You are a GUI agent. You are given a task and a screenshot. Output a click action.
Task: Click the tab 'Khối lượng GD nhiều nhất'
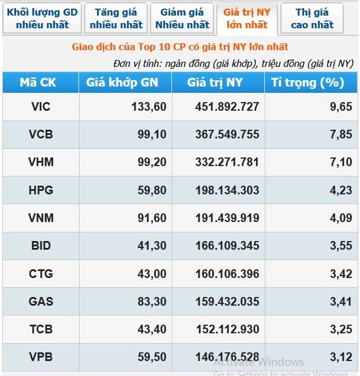pos(42,18)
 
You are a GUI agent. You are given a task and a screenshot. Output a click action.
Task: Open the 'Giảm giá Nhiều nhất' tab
pos(182,18)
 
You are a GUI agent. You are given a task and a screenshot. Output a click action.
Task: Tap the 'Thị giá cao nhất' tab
pos(312,18)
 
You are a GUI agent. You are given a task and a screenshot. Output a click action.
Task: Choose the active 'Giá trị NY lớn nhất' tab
pos(246,18)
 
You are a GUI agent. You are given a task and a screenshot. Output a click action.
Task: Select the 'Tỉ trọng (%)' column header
pos(307,82)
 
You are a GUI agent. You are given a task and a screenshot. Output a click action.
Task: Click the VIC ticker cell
pos(40,107)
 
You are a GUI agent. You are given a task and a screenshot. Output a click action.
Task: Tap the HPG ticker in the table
pos(40,190)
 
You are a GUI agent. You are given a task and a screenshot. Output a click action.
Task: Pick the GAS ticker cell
pos(40,302)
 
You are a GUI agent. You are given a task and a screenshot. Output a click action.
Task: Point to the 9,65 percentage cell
pos(340,107)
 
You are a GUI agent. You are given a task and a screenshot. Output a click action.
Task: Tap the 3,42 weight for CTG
pos(340,273)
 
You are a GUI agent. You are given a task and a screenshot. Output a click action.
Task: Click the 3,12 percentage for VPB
pos(340,358)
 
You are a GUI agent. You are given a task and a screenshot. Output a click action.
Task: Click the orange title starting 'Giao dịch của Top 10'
pos(180,47)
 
